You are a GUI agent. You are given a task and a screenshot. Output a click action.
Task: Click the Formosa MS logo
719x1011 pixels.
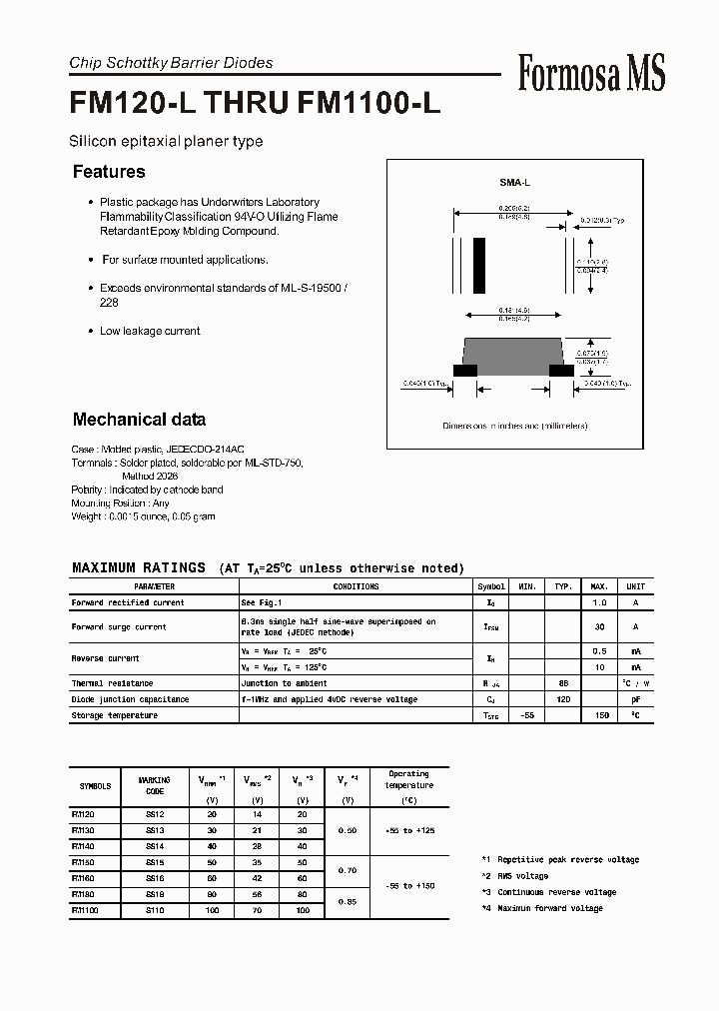point(591,73)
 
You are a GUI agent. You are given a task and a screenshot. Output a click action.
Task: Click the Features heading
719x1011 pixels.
point(109,172)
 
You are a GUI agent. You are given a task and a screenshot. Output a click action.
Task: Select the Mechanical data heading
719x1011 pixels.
point(139,420)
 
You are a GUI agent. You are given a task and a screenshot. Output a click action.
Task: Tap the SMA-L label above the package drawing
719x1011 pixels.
point(514,184)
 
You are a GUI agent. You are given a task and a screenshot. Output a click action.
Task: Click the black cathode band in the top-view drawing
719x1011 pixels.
point(479,263)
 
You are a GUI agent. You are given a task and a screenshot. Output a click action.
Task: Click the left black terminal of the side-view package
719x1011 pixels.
point(464,370)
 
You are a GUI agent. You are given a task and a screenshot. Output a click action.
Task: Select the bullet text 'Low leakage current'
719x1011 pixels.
point(150,331)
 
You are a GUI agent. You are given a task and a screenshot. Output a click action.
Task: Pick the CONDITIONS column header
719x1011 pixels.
point(356,586)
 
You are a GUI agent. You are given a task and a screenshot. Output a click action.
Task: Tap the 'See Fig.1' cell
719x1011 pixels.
point(262,602)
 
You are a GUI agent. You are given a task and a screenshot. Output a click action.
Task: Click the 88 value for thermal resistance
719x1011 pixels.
point(563,683)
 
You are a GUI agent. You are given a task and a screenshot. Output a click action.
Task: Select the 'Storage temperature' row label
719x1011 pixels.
point(114,715)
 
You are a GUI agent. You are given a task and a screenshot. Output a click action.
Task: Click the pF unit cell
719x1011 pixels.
point(635,699)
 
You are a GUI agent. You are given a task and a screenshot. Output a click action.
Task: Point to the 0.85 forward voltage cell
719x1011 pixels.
point(347,902)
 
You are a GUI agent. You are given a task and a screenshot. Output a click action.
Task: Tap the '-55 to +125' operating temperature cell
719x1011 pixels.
point(408,830)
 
